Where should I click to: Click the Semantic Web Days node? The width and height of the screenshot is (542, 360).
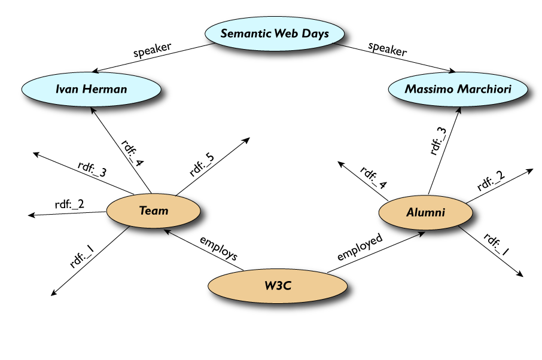[x=275, y=33]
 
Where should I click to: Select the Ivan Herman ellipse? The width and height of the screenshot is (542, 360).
[x=92, y=89]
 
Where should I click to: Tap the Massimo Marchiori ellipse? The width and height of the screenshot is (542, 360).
[x=458, y=89]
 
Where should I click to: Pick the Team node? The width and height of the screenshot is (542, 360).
[x=154, y=210]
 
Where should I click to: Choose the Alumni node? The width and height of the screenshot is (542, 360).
[x=425, y=212]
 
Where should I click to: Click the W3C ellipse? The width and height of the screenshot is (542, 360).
[x=278, y=285]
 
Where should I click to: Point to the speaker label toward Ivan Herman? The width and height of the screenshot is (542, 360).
[x=153, y=50]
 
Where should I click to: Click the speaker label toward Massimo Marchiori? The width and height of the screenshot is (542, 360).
[x=387, y=49]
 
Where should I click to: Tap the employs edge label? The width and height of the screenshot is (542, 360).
[x=218, y=249]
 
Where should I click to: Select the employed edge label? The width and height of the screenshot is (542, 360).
[x=360, y=247]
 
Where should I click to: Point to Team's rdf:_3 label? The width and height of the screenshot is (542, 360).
[x=92, y=169]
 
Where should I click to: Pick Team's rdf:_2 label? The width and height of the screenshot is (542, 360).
[x=69, y=204]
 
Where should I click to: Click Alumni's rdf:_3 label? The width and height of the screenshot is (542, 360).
[x=438, y=142]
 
